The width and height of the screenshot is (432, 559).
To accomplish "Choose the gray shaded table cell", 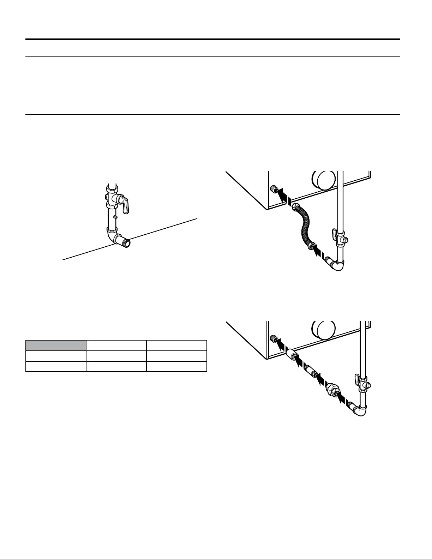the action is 56,345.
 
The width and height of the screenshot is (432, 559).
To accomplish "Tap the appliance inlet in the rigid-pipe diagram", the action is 272,339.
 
